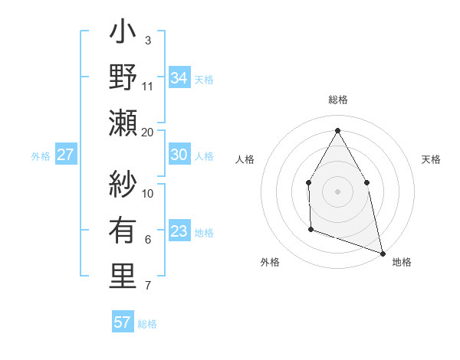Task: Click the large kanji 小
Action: click(x=123, y=35)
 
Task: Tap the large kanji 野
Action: click(x=123, y=77)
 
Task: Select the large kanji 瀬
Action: click(x=123, y=122)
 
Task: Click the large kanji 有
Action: click(x=123, y=231)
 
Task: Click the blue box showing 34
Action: click(x=179, y=77)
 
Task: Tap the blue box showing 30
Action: click(x=179, y=155)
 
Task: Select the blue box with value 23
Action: click(x=179, y=231)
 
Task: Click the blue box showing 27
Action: click(x=66, y=155)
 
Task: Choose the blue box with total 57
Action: click(x=123, y=322)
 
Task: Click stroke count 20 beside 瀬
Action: click(x=148, y=132)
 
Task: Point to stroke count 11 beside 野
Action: click(x=148, y=86)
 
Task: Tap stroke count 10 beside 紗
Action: click(x=148, y=194)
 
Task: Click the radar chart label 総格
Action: click(x=337, y=100)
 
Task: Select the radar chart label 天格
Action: click(x=431, y=159)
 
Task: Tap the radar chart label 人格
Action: click(x=245, y=159)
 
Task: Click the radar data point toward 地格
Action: click(x=383, y=253)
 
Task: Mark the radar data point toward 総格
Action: click(x=337, y=130)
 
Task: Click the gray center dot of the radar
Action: click(x=337, y=191)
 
